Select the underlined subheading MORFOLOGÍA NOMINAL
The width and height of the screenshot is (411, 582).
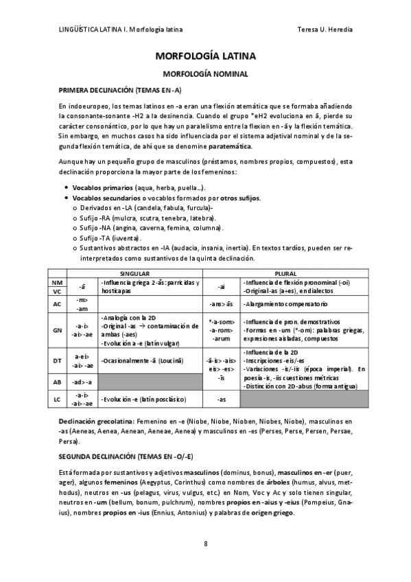coord(205,73)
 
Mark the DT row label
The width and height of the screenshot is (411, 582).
coord(58,360)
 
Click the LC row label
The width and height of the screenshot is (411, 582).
coord(58,399)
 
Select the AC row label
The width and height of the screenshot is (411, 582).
coord(58,303)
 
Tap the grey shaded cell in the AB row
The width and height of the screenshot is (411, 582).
coord(150,381)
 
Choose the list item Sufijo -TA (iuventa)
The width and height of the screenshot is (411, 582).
coord(110,237)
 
